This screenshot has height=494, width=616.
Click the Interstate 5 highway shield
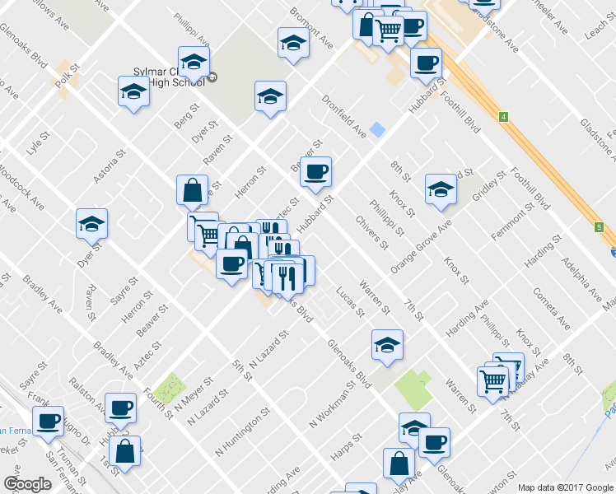tap(599, 227)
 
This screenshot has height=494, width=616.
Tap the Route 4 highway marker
tap(502, 117)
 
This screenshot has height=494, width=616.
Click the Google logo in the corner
tap(27, 484)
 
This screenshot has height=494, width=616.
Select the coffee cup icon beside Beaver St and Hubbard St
tap(315, 172)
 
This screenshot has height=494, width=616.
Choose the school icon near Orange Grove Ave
tap(441, 190)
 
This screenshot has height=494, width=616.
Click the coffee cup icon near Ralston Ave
tap(121, 406)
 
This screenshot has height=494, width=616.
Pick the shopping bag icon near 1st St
tap(124, 451)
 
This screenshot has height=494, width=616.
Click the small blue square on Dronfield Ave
tap(377, 129)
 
